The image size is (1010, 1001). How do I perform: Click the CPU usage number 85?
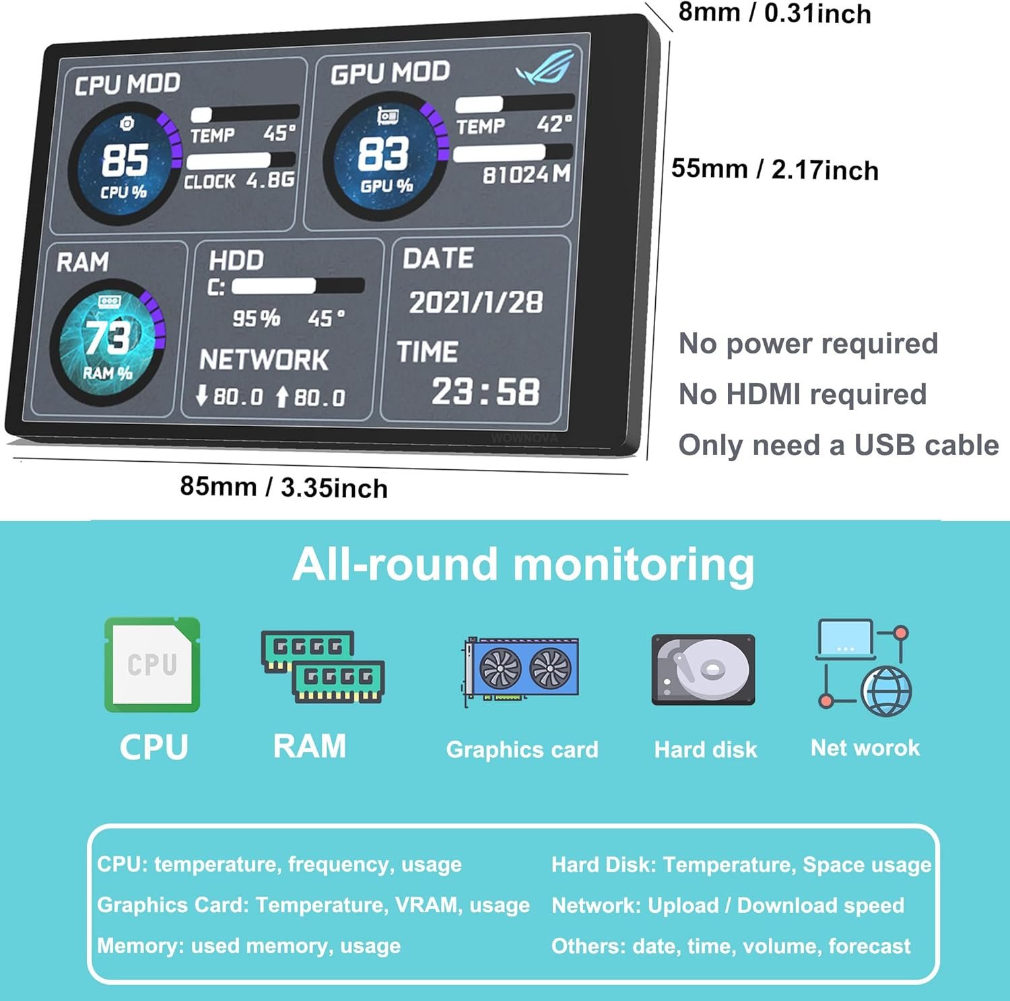[x=125, y=160]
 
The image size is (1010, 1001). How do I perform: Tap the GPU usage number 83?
[x=383, y=153]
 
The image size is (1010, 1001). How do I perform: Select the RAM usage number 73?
[x=107, y=336]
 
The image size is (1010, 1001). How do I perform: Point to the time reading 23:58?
[x=485, y=391]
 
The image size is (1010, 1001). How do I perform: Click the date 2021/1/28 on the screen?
[x=476, y=302]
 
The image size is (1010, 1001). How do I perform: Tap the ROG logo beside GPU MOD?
[x=545, y=67]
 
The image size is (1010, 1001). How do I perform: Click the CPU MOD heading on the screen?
[x=127, y=84]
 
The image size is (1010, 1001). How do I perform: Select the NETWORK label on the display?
[x=264, y=359]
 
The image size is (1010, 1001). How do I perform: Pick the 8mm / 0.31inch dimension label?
[x=774, y=13]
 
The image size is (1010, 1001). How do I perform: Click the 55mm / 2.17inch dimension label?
[x=775, y=169]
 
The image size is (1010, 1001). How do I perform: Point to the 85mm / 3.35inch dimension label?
[x=283, y=487]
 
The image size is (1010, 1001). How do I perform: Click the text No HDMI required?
[x=803, y=394]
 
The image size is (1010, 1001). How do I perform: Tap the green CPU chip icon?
[x=152, y=664]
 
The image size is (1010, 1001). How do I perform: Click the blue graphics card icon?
[x=522, y=670]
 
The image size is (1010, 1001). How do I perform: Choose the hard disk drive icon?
[x=704, y=670]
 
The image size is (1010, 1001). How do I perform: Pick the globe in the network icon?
[x=887, y=691]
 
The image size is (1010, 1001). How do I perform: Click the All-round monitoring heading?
[x=523, y=564]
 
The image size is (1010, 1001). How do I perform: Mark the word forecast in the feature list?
[x=869, y=946]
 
